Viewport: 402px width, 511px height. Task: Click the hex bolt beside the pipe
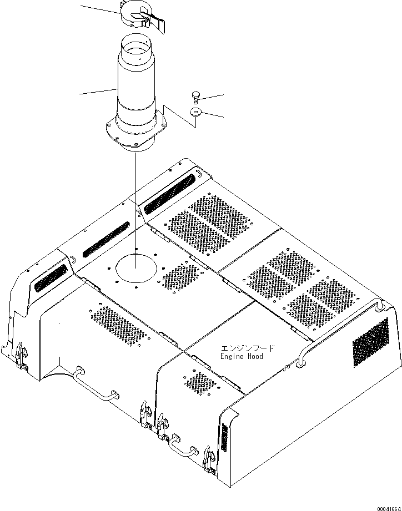[x=195, y=97]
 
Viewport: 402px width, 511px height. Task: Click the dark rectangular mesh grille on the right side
[x=371, y=343]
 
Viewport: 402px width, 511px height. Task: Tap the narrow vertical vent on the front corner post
[x=224, y=437]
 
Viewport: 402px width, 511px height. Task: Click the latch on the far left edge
[x=20, y=356]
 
